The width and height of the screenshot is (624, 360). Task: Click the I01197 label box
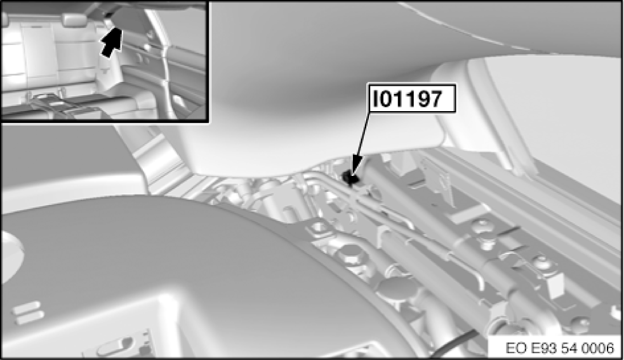coord(411,100)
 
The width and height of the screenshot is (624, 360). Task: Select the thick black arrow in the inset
coord(112,43)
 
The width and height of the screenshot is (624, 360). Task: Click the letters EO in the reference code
coord(517,348)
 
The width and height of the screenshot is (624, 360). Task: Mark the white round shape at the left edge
coord(8,247)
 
